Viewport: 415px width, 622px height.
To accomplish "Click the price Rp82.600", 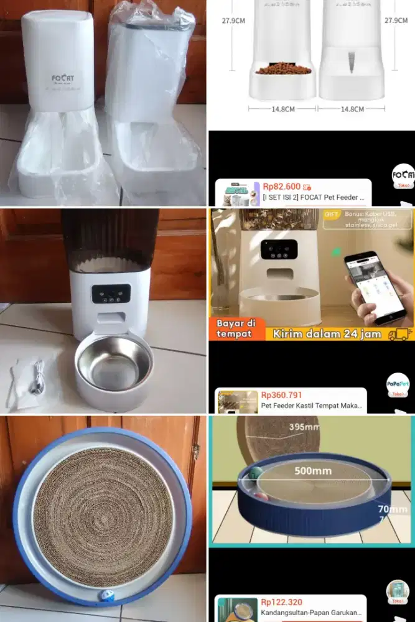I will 281,186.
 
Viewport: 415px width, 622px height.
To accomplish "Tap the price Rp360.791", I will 281,394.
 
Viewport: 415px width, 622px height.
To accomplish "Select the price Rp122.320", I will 281,602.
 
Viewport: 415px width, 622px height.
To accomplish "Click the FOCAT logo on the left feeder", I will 63,79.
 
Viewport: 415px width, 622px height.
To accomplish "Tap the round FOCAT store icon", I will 403,177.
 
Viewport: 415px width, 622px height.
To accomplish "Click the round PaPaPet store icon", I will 398,383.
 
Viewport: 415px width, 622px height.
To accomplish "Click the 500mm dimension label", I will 312,471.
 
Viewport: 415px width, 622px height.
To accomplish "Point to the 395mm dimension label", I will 304,427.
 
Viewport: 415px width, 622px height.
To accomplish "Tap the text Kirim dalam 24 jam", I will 325,334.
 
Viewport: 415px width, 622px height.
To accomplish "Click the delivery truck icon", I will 400,333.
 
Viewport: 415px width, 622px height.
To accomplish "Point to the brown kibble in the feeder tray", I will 283,70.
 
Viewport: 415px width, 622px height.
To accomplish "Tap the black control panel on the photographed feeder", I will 111,294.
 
